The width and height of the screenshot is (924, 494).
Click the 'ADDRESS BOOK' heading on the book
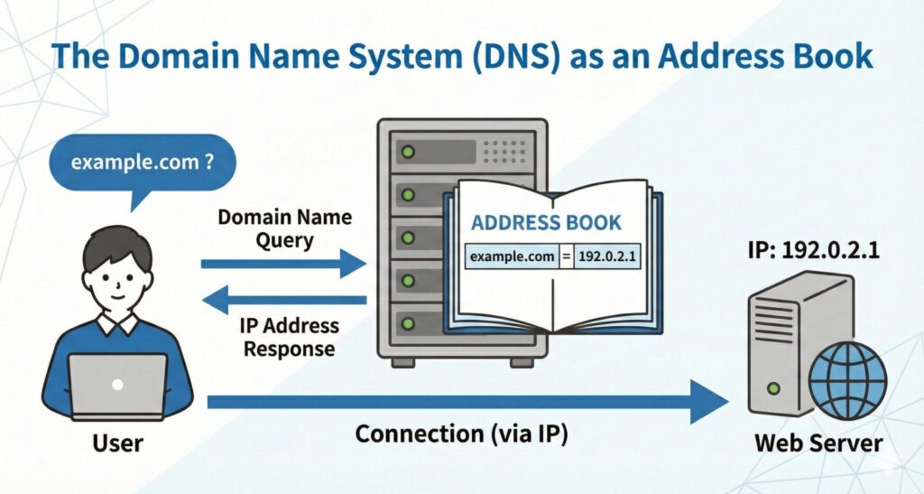tap(546, 222)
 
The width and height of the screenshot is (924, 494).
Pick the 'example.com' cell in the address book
tap(511, 257)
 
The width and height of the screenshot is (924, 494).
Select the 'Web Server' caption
tap(818, 443)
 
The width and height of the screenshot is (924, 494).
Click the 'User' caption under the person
tap(117, 443)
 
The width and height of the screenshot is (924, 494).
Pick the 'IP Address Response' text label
tap(290, 336)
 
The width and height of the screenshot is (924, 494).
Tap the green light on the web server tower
tap(772, 387)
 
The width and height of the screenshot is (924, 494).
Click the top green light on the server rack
tap(407, 152)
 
